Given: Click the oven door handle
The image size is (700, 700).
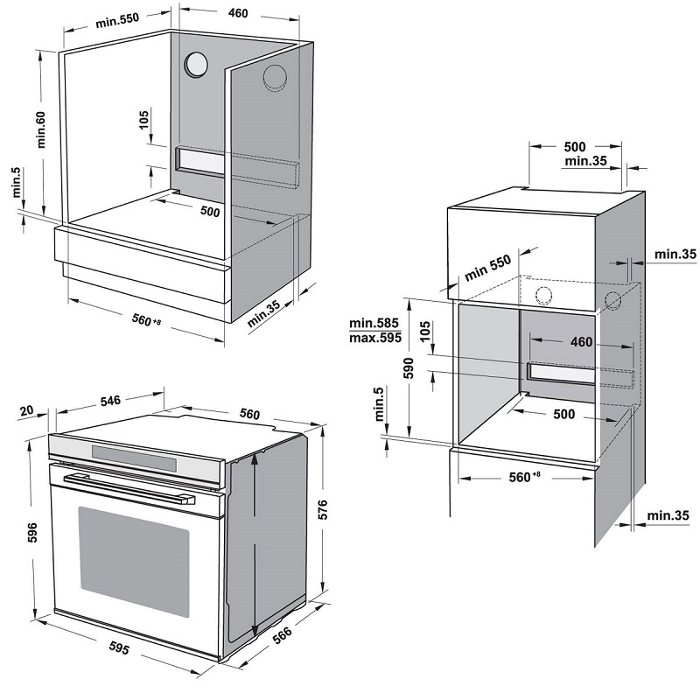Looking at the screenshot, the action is [131, 488].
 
